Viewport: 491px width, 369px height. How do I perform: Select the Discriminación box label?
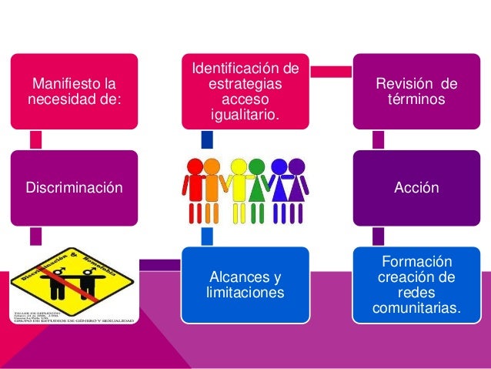[x=74, y=187]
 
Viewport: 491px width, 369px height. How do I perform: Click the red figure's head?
[x=195, y=166]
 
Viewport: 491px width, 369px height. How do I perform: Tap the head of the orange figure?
[x=212, y=166]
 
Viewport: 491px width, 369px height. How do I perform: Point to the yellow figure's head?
[x=239, y=166]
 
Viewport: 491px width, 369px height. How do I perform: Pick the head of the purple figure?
[x=296, y=166]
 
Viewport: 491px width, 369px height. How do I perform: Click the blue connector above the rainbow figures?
[x=206, y=139]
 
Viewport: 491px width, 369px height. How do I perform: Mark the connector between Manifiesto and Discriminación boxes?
[x=35, y=139]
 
